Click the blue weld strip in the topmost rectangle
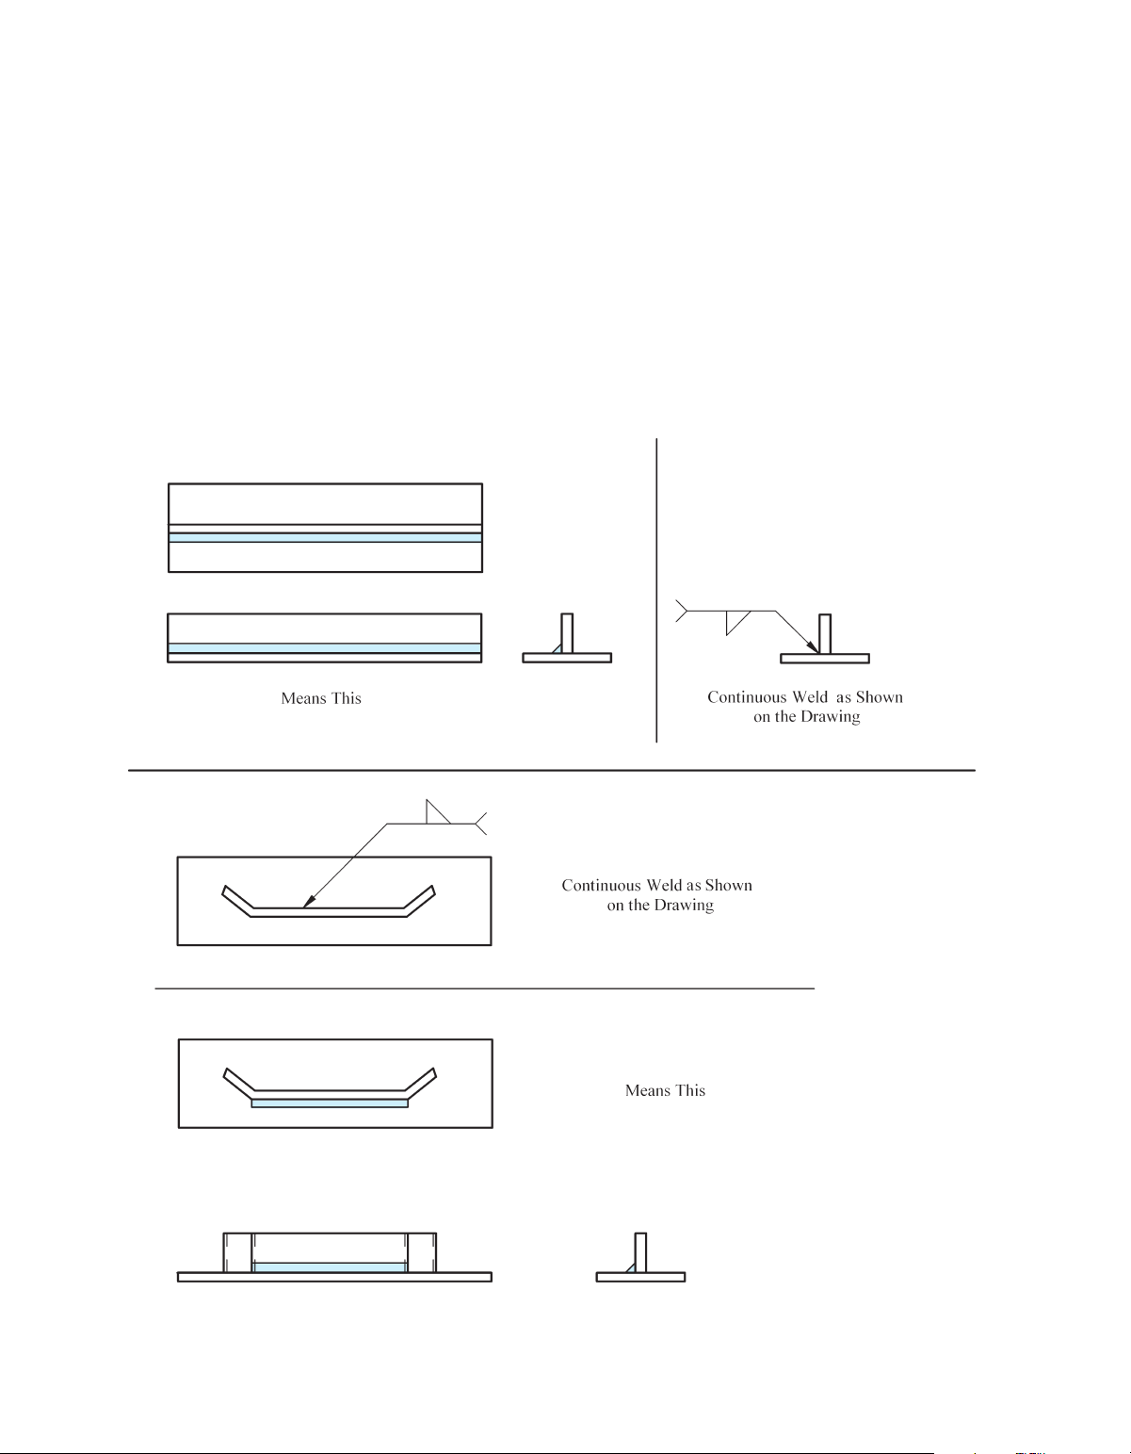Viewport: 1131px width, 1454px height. pyautogui.click(x=325, y=538)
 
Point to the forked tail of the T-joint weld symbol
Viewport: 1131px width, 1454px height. pyautogui.click(x=681, y=612)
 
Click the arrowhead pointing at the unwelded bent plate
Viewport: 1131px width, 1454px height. pyautogui.click(x=308, y=903)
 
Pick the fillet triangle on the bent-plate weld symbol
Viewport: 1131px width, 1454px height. pyautogui.click(x=437, y=812)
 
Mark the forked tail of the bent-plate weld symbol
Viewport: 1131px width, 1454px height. pyautogui.click(x=480, y=824)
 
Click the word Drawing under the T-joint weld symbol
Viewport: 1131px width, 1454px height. pyautogui.click(x=831, y=717)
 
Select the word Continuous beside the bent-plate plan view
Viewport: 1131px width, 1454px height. pyautogui.click(x=596, y=886)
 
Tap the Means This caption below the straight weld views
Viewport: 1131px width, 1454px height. pyautogui.click(x=321, y=698)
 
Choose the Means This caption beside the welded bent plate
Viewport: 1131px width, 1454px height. pyautogui.click(x=665, y=1090)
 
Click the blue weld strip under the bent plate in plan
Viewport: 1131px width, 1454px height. pyautogui.click(x=330, y=1103)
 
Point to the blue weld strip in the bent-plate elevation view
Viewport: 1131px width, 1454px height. pyautogui.click(x=330, y=1267)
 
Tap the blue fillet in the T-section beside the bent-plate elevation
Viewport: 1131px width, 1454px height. pyautogui.click(x=632, y=1268)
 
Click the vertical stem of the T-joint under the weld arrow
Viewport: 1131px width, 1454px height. pyautogui.click(x=825, y=633)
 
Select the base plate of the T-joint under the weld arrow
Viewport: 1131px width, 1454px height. pyautogui.click(x=825, y=658)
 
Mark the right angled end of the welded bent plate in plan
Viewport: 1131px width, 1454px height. pyautogui.click(x=421, y=1083)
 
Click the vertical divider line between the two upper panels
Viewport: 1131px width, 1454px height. pyautogui.click(x=656, y=589)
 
